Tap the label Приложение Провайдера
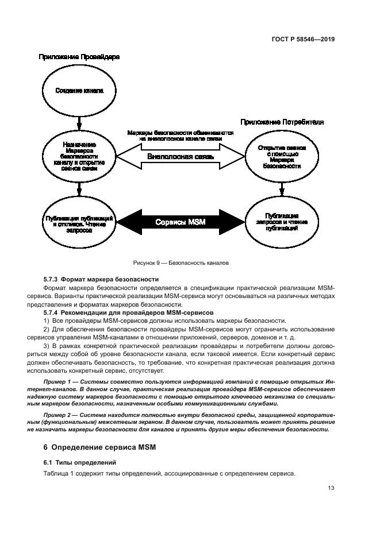[x=79, y=57]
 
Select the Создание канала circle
[x=79, y=91]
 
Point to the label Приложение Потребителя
[x=282, y=122]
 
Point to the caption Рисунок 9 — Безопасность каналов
[x=181, y=264]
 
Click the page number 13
[x=331, y=488]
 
